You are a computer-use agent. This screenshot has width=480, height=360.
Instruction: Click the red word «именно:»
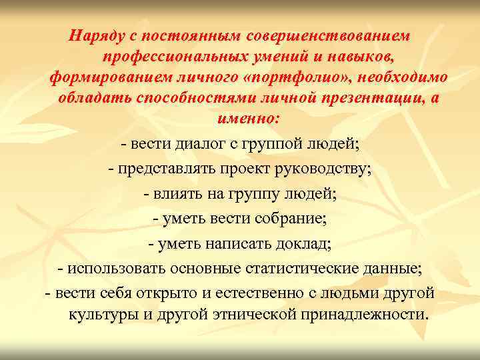[240, 121]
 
